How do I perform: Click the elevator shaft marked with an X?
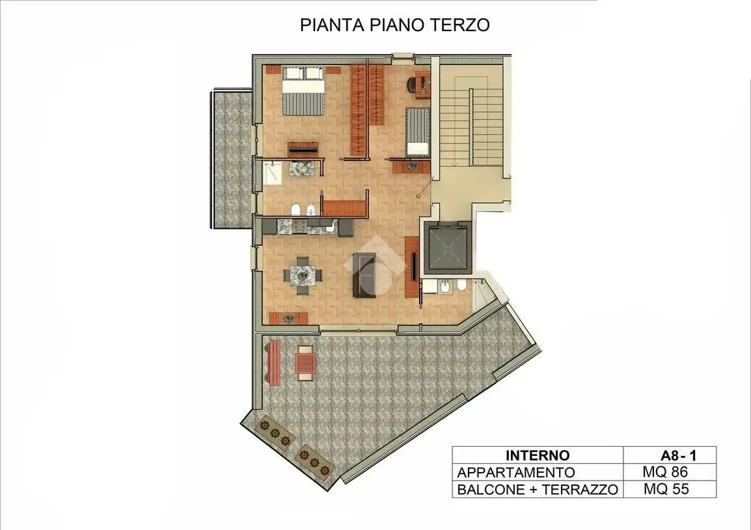pyautogui.click(x=446, y=248)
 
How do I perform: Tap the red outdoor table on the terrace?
pyautogui.click(x=305, y=363)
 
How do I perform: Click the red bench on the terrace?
pyautogui.click(x=274, y=362)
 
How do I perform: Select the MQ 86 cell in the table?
pyautogui.click(x=665, y=472)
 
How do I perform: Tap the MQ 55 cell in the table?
pyautogui.click(x=665, y=489)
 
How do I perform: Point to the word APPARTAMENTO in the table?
pyautogui.click(x=516, y=473)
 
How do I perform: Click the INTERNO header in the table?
pyautogui.click(x=537, y=456)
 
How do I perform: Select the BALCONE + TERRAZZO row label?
pyautogui.click(x=537, y=490)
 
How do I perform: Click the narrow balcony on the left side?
pyautogui.click(x=231, y=159)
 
